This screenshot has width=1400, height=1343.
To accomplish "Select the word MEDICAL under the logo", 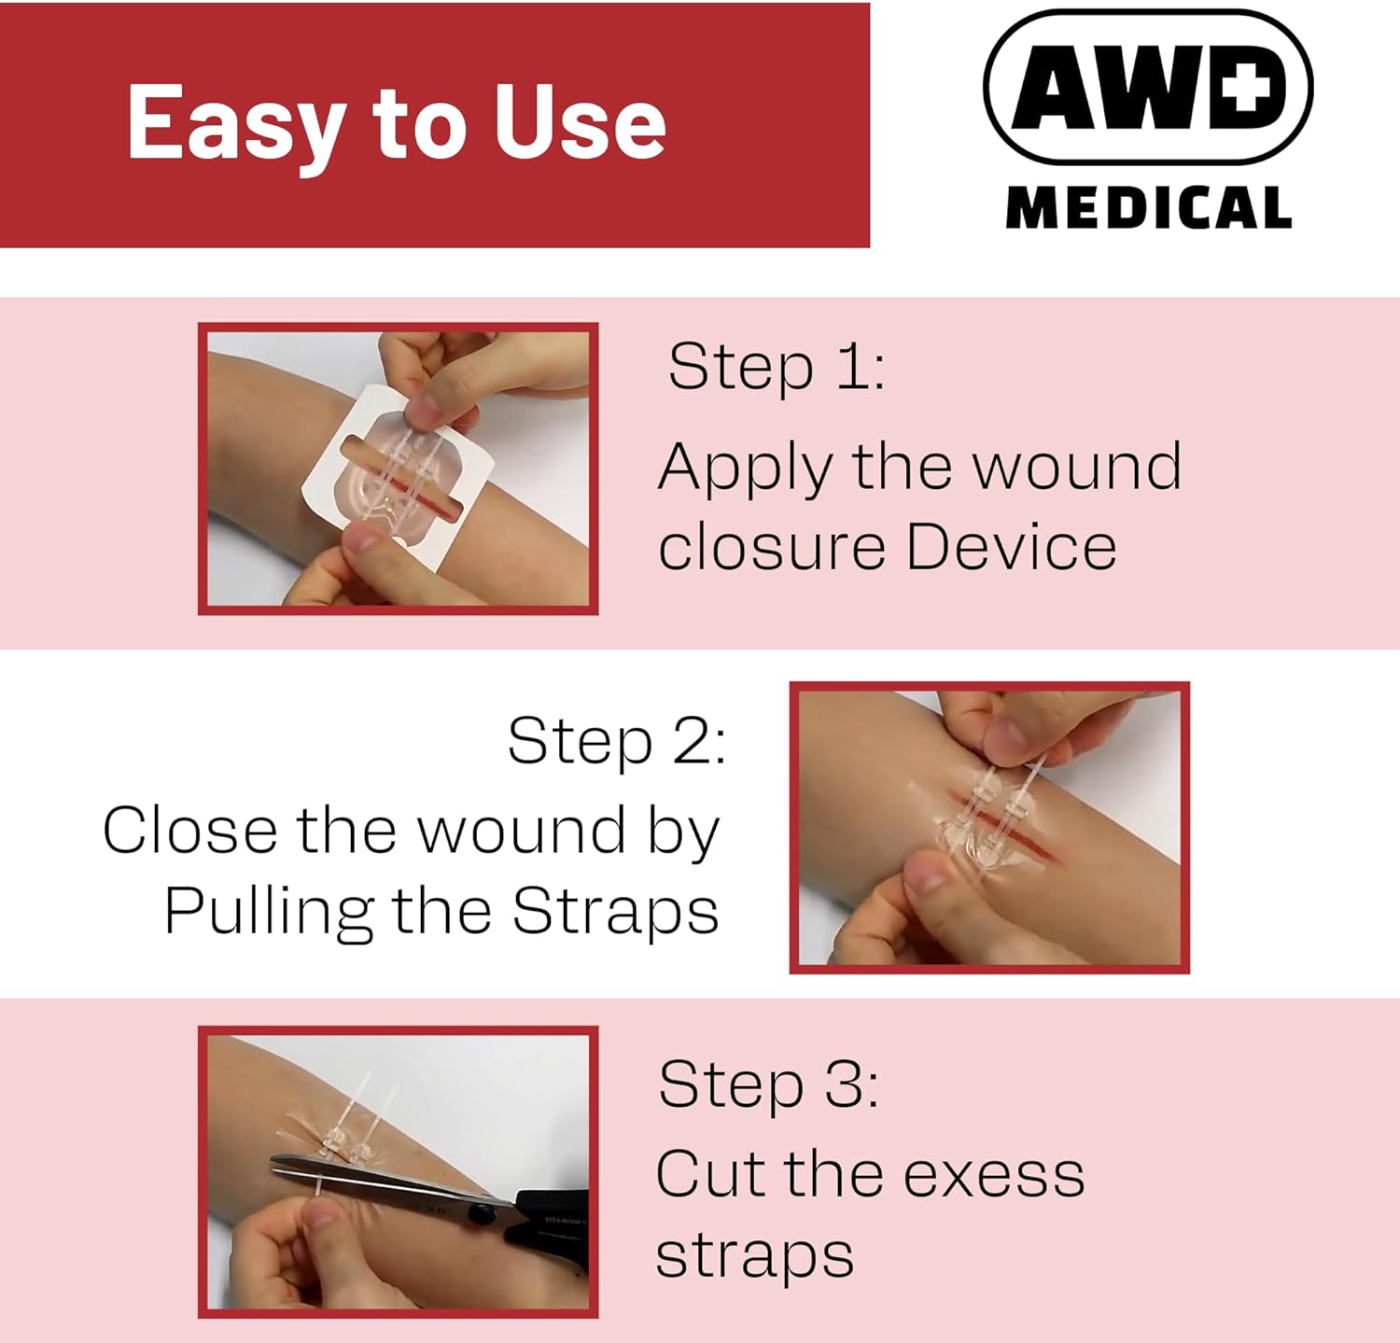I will pyautogui.click(x=1149, y=207).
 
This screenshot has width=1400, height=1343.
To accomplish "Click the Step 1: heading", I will pyautogui.click(x=776, y=367).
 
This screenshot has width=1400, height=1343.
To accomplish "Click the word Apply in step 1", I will pyautogui.click(x=744, y=467).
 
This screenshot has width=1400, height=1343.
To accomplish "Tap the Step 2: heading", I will pyautogui.click(x=616, y=741).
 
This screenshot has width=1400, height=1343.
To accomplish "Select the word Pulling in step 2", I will pyautogui.click(x=269, y=912).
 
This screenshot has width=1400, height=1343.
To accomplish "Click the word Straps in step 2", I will pyautogui.click(x=615, y=910).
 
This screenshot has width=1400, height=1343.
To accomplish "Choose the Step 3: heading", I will pyautogui.click(x=767, y=1084).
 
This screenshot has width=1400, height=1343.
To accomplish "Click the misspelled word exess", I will pyautogui.click(x=994, y=1174).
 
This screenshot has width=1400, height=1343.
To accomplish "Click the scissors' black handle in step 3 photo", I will pyautogui.click(x=551, y=1213).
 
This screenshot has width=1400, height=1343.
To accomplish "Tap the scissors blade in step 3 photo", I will pyautogui.click(x=373, y=1180).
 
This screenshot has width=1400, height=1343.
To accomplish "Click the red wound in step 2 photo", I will pyautogui.click(x=1027, y=839).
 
